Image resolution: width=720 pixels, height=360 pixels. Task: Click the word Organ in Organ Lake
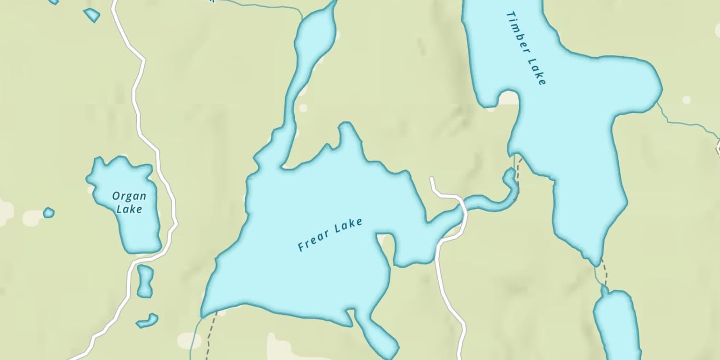[x=129, y=196]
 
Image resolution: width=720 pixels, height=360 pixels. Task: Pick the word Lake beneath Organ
[x=129, y=209]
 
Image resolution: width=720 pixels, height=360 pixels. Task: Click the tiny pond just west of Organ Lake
[x=48, y=212]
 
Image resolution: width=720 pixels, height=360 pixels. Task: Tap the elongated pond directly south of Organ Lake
[x=144, y=280]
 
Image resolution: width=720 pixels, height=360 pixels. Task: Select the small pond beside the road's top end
[x=91, y=15]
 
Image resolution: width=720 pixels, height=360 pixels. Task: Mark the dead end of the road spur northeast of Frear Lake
[x=432, y=179]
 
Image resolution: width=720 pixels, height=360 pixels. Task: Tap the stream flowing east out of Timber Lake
[x=686, y=123]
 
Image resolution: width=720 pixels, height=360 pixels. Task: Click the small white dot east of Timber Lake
[x=686, y=100]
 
